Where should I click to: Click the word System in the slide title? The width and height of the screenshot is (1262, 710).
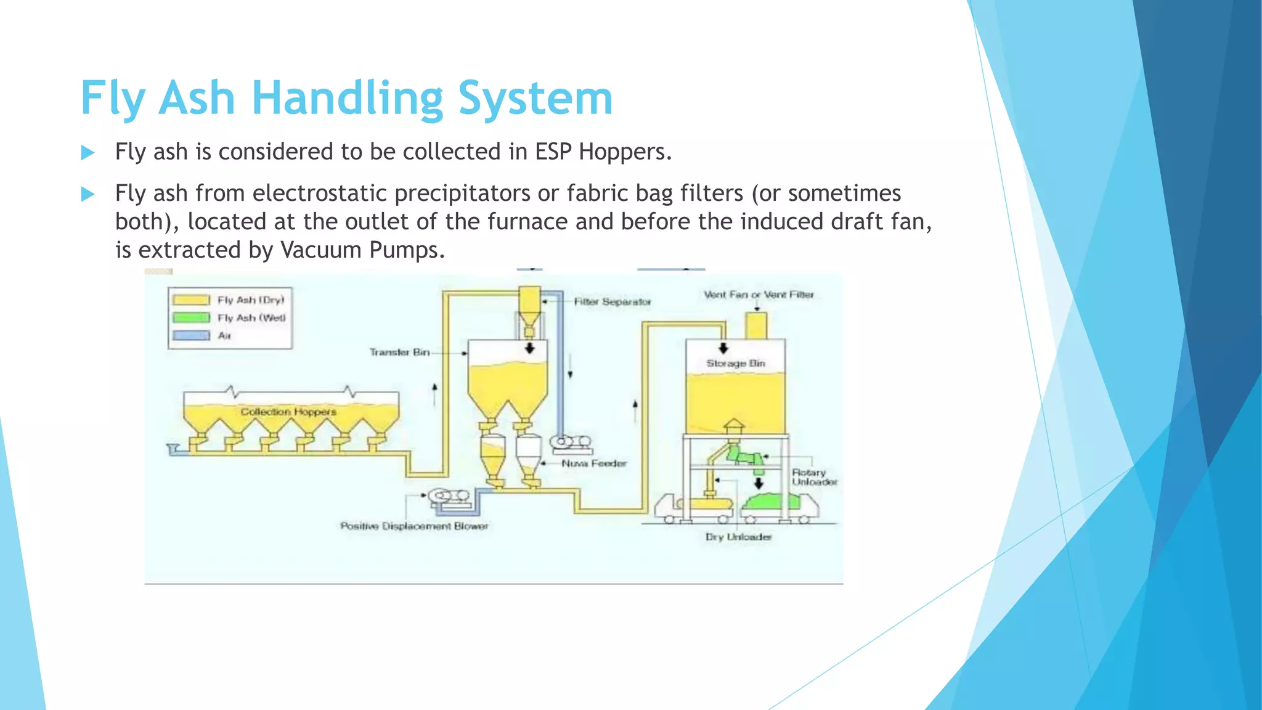coord(535,99)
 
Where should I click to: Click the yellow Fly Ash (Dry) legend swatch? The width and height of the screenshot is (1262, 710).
coord(191,300)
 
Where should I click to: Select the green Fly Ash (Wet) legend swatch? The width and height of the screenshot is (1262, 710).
coord(191,318)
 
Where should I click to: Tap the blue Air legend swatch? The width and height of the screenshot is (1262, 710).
coord(191,336)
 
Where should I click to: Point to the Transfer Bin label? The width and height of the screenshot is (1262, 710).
coord(399,353)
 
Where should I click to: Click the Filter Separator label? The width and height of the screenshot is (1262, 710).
coord(613,302)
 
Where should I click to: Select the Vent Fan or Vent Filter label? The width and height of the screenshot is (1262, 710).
coord(759,295)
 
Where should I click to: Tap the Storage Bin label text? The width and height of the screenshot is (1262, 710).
coord(736,364)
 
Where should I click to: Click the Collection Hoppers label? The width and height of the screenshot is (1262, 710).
coord(288,412)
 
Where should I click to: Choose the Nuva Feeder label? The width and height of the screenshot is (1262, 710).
coord(594,463)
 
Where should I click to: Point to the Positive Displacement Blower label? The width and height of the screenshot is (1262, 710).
coord(414,526)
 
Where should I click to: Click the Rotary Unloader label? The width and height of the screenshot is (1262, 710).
coord(813,477)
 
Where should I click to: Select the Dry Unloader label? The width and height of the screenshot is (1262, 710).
coord(738,537)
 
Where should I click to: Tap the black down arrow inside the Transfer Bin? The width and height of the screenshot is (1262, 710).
coord(529,349)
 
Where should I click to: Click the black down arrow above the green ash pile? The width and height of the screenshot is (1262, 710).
coord(759,483)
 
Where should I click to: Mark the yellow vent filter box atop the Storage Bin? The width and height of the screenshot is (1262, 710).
coord(756,325)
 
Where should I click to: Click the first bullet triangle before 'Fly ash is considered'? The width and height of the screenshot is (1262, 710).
coord(88,153)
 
